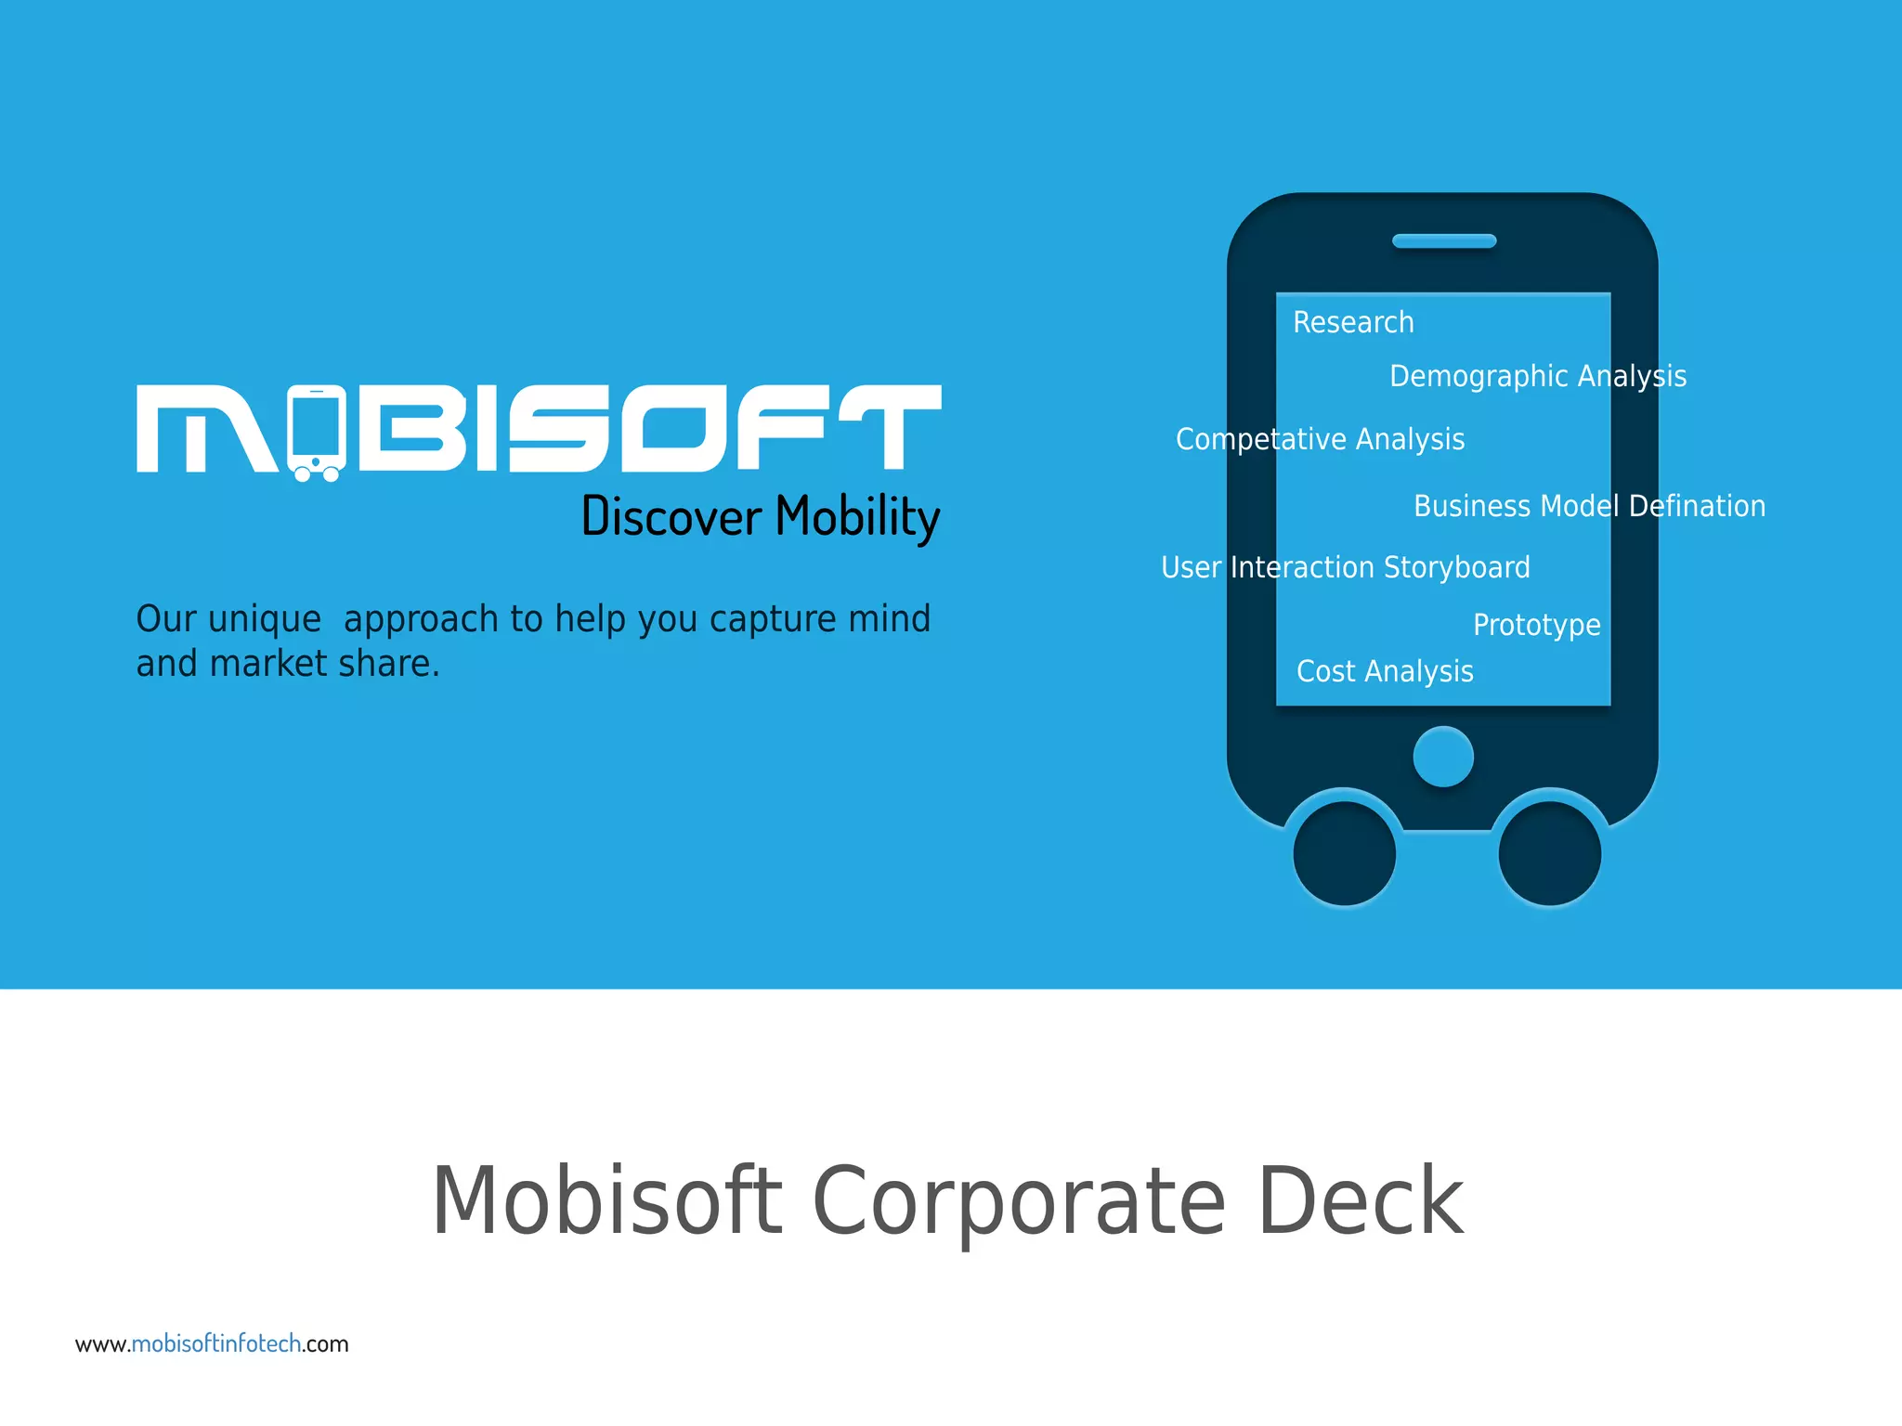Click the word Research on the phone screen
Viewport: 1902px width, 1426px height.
coord(1353,322)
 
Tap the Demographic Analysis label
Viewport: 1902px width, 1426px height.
coord(1537,376)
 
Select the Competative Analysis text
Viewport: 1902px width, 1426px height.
coord(1320,439)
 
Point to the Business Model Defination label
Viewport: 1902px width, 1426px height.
coord(1589,506)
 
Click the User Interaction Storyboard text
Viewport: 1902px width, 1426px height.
coord(1345,567)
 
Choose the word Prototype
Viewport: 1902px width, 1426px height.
coord(1536,625)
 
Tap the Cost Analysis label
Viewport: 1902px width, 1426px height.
coord(1385,671)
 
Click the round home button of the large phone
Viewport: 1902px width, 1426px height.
coord(1442,757)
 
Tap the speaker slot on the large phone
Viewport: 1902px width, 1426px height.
coord(1444,241)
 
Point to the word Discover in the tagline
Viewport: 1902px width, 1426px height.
coord(671,517)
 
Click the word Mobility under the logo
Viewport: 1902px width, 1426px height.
coord(857,517)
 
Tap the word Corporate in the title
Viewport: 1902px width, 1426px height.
coord(1019,1202)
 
